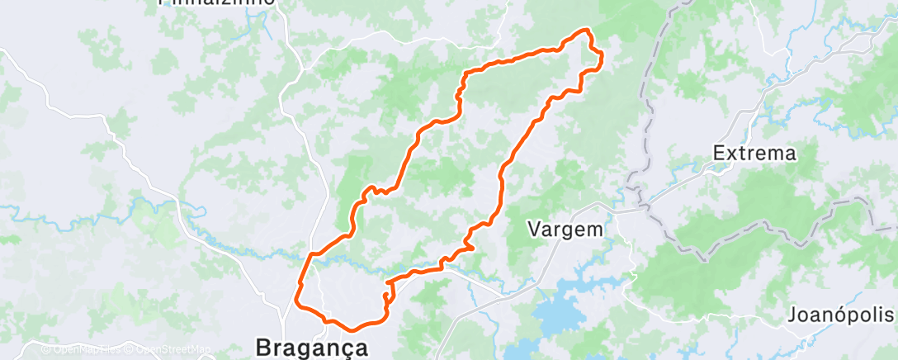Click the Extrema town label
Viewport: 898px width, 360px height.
pos(754,153)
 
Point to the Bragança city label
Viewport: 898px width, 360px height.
pos(312,347)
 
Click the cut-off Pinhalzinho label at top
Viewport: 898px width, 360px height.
pos(216,2)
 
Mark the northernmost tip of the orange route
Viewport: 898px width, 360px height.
pos(586,30)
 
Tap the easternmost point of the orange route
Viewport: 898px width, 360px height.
pos(603,56)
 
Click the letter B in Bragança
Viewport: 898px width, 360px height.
pos(264,347)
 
